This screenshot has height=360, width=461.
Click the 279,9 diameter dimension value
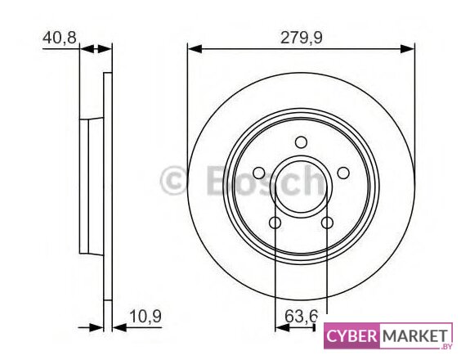(x=302, y=38)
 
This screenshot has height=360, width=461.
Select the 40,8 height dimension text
(x=60, y=38)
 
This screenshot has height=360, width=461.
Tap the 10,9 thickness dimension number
(x=145, y=317)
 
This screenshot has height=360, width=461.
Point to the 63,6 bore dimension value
(x=301, y=317)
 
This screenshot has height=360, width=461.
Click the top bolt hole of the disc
(x=301, y=142)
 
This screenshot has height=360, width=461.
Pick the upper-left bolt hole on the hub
(x=259, y=173)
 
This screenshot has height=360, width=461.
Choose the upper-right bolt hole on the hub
(x=343, y=173)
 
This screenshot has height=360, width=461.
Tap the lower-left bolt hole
(x=275, y=223)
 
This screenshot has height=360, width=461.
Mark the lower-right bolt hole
(x=327, y=223)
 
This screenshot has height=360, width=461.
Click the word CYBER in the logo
(x=351, y=335)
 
